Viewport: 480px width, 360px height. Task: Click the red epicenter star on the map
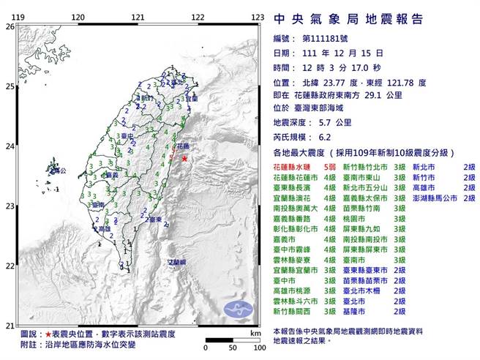(x=184, y=158)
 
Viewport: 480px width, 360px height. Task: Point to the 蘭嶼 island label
(x=176, y=261)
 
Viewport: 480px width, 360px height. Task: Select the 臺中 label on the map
(x=127, y=136)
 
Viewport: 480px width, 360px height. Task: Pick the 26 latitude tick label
(x=10, y=26)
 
